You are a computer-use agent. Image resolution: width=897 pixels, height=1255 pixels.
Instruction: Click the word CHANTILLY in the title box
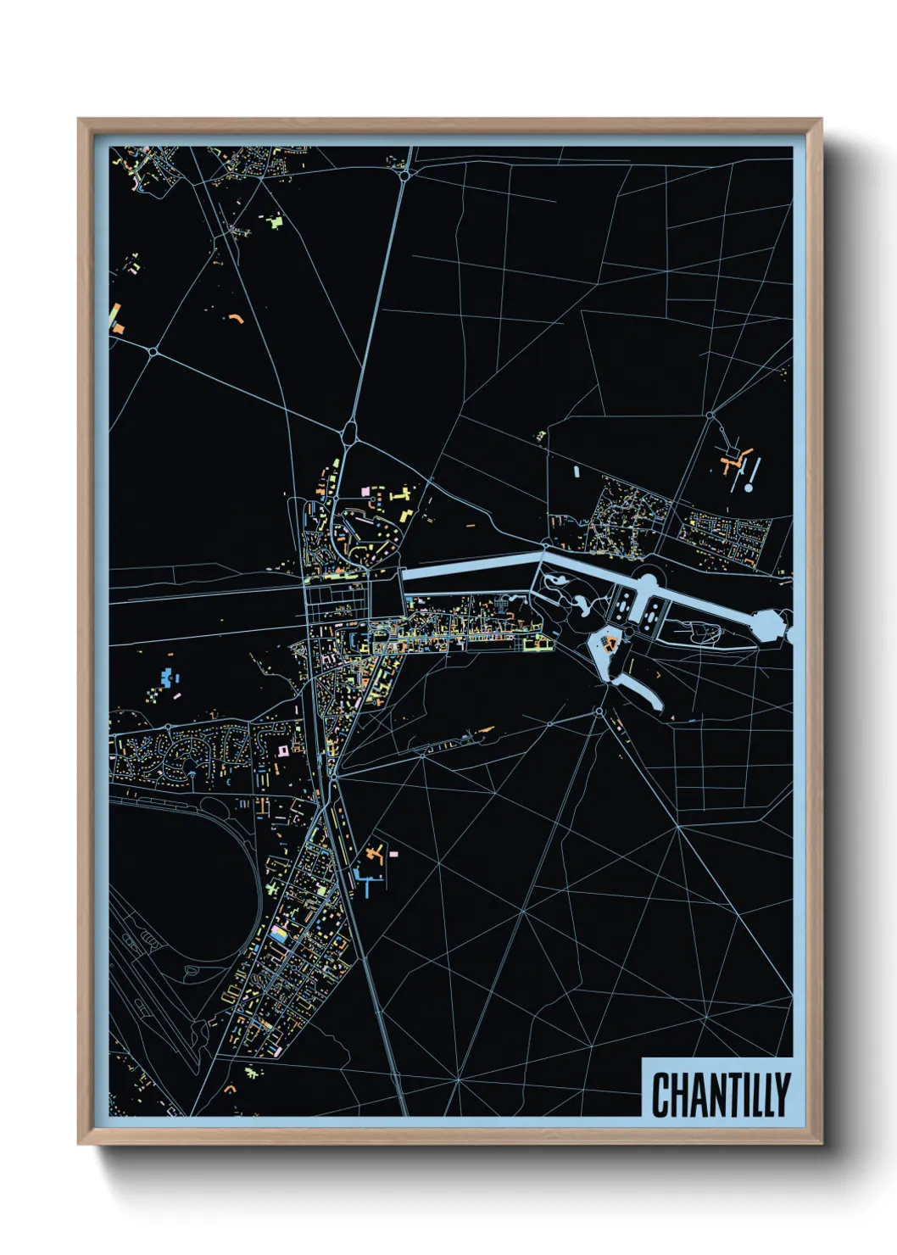pos(720,1095)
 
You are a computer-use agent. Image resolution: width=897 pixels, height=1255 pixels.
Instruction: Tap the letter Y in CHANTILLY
pos(783,1095)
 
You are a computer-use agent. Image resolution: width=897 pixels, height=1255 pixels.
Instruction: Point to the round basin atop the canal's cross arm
pos(645,583)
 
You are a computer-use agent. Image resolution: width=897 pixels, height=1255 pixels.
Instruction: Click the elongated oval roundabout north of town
pos(349,432)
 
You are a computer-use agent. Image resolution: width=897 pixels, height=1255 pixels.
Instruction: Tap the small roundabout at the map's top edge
pos(405,175)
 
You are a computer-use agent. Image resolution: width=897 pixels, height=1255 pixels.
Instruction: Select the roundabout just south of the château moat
pos(599,711)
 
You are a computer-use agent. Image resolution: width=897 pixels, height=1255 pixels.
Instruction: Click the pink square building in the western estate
pos(283,750)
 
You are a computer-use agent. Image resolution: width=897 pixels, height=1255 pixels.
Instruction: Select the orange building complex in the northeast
pos(733,462)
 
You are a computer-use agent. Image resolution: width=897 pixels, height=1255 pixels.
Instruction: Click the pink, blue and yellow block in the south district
pos(280,935)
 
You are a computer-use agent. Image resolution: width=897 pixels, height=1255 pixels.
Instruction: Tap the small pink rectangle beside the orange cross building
pos(393,853)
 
